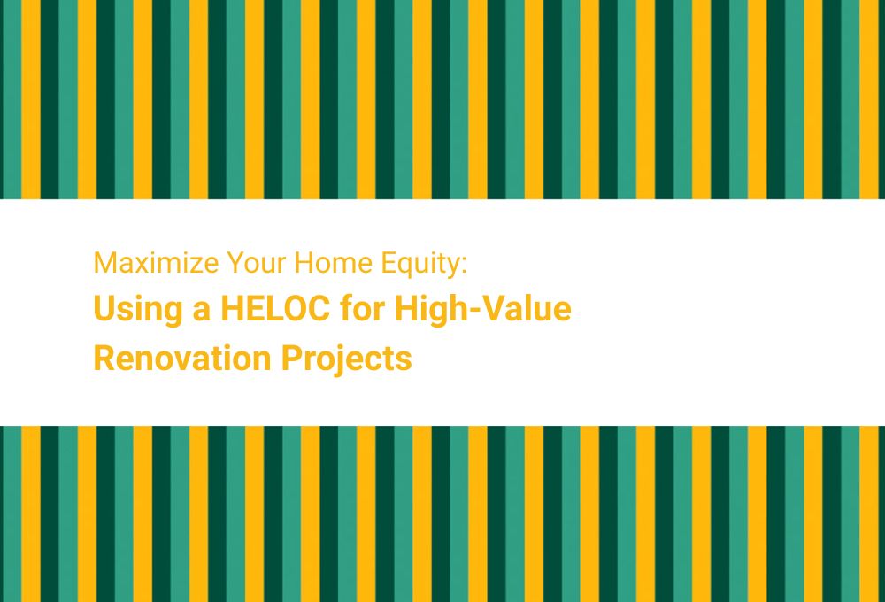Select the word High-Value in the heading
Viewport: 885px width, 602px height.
483,312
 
